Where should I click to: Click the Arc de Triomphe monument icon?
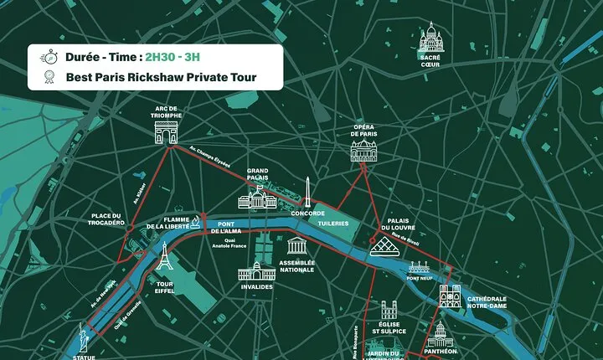[167, 131]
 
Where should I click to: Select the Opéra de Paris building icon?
[363, 152]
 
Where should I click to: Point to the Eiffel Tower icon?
[165, 258]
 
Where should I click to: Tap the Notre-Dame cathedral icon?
[451, 296]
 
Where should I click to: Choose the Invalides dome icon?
[257, 272]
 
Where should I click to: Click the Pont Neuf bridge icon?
[420, 270]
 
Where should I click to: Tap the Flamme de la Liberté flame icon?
[195, 220]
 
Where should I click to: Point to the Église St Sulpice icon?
[393, 311]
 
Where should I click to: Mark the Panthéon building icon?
[440, 335]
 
